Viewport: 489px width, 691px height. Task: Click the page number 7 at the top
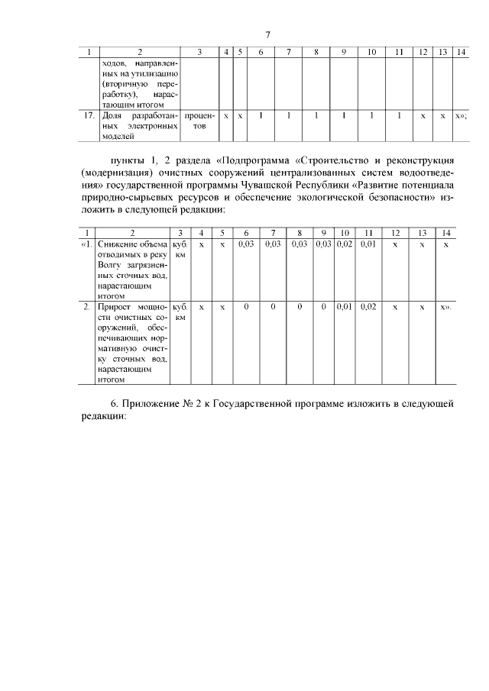pos(267,34)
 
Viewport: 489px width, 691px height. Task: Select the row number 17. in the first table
pos(88,116)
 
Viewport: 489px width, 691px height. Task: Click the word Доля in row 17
pos(112,116)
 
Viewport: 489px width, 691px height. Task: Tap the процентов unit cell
pos(199,121)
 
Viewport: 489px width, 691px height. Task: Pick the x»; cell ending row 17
pos(461,116)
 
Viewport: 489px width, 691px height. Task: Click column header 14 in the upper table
pos(461,52)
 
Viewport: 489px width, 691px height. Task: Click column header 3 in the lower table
pos(180,232)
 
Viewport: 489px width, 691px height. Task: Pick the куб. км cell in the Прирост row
pos(180,311)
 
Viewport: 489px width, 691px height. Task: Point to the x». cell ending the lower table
pos(446,306)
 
